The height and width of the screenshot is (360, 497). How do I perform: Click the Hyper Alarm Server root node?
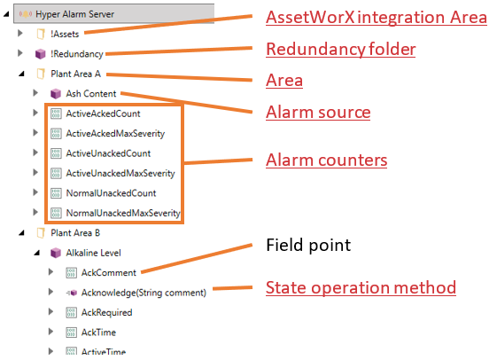tap(74, 14)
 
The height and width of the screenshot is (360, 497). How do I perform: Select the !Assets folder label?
tap(65, 34)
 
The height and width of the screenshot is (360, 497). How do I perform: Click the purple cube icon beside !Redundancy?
tap(40, 54)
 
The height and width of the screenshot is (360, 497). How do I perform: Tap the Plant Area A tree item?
tap(76, 74)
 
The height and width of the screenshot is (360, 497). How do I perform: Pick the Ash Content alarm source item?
tap(91, 94)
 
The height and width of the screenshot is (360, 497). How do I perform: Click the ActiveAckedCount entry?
tap(103, 113)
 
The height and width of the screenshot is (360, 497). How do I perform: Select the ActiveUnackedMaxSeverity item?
tap(120, 173)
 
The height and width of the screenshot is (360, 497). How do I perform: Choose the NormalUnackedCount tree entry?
tap(111, 193)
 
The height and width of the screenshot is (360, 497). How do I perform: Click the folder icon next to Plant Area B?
tap(40, 233)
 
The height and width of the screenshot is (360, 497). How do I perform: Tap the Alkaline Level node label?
tap(93, 253)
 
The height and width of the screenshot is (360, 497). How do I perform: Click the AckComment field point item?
tap(109, 273)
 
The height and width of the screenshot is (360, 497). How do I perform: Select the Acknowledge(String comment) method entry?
tap(144, 293)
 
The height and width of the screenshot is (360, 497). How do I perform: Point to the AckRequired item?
tap(107, 312)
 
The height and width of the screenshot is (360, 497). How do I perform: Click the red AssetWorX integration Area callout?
tap(377, 17)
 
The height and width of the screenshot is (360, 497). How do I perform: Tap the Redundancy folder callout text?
tap(341, 49)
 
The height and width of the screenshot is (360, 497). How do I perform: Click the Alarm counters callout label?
tap(327, 160)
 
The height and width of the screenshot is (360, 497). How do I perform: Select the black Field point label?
tap(308, 245)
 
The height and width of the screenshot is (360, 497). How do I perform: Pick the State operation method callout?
tap(361, 287)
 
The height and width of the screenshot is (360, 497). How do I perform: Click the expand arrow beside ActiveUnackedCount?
tap(35, 153)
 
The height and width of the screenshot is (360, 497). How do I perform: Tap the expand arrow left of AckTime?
tap(50, 332)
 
